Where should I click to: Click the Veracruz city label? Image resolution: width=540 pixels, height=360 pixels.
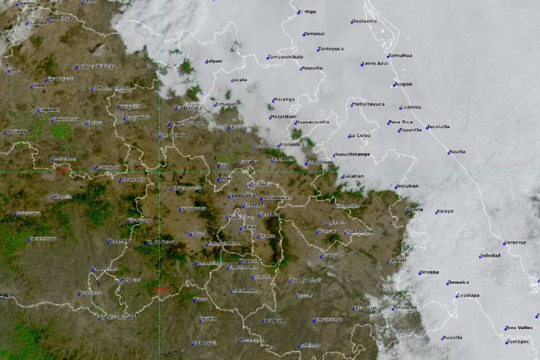coord(516,243)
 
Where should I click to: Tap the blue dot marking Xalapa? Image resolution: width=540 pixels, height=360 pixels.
coord(436,212)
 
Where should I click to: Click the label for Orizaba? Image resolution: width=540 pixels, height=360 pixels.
coord(430,272)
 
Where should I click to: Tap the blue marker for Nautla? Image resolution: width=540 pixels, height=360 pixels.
coord(449,153)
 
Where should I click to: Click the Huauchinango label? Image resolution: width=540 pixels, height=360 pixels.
coord(353,154)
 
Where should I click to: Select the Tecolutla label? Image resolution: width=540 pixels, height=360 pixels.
coord(439,126)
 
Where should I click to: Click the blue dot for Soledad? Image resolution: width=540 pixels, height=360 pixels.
coord(481,256)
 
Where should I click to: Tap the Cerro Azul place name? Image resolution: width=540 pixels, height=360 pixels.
coord(376,64)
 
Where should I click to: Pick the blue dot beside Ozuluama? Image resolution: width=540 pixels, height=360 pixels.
coord(352,22)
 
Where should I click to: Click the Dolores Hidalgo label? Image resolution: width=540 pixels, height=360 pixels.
coord(96,66)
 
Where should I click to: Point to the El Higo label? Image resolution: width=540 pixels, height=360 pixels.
coord(308,12)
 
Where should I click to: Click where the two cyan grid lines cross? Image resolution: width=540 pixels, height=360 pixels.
coord(159,171)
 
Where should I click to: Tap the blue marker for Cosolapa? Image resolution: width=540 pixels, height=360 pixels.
coord(456,296)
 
